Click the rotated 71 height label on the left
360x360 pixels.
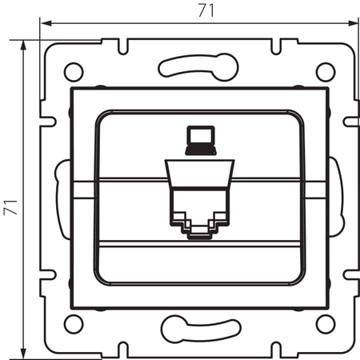[10, 198]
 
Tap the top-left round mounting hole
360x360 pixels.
[74, 70]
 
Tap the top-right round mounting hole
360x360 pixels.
[323, 70]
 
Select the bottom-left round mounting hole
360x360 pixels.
[74, 323]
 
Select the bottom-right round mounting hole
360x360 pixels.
[323, 323]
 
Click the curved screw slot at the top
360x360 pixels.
[198, 65]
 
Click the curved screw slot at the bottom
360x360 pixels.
[198, 328]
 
